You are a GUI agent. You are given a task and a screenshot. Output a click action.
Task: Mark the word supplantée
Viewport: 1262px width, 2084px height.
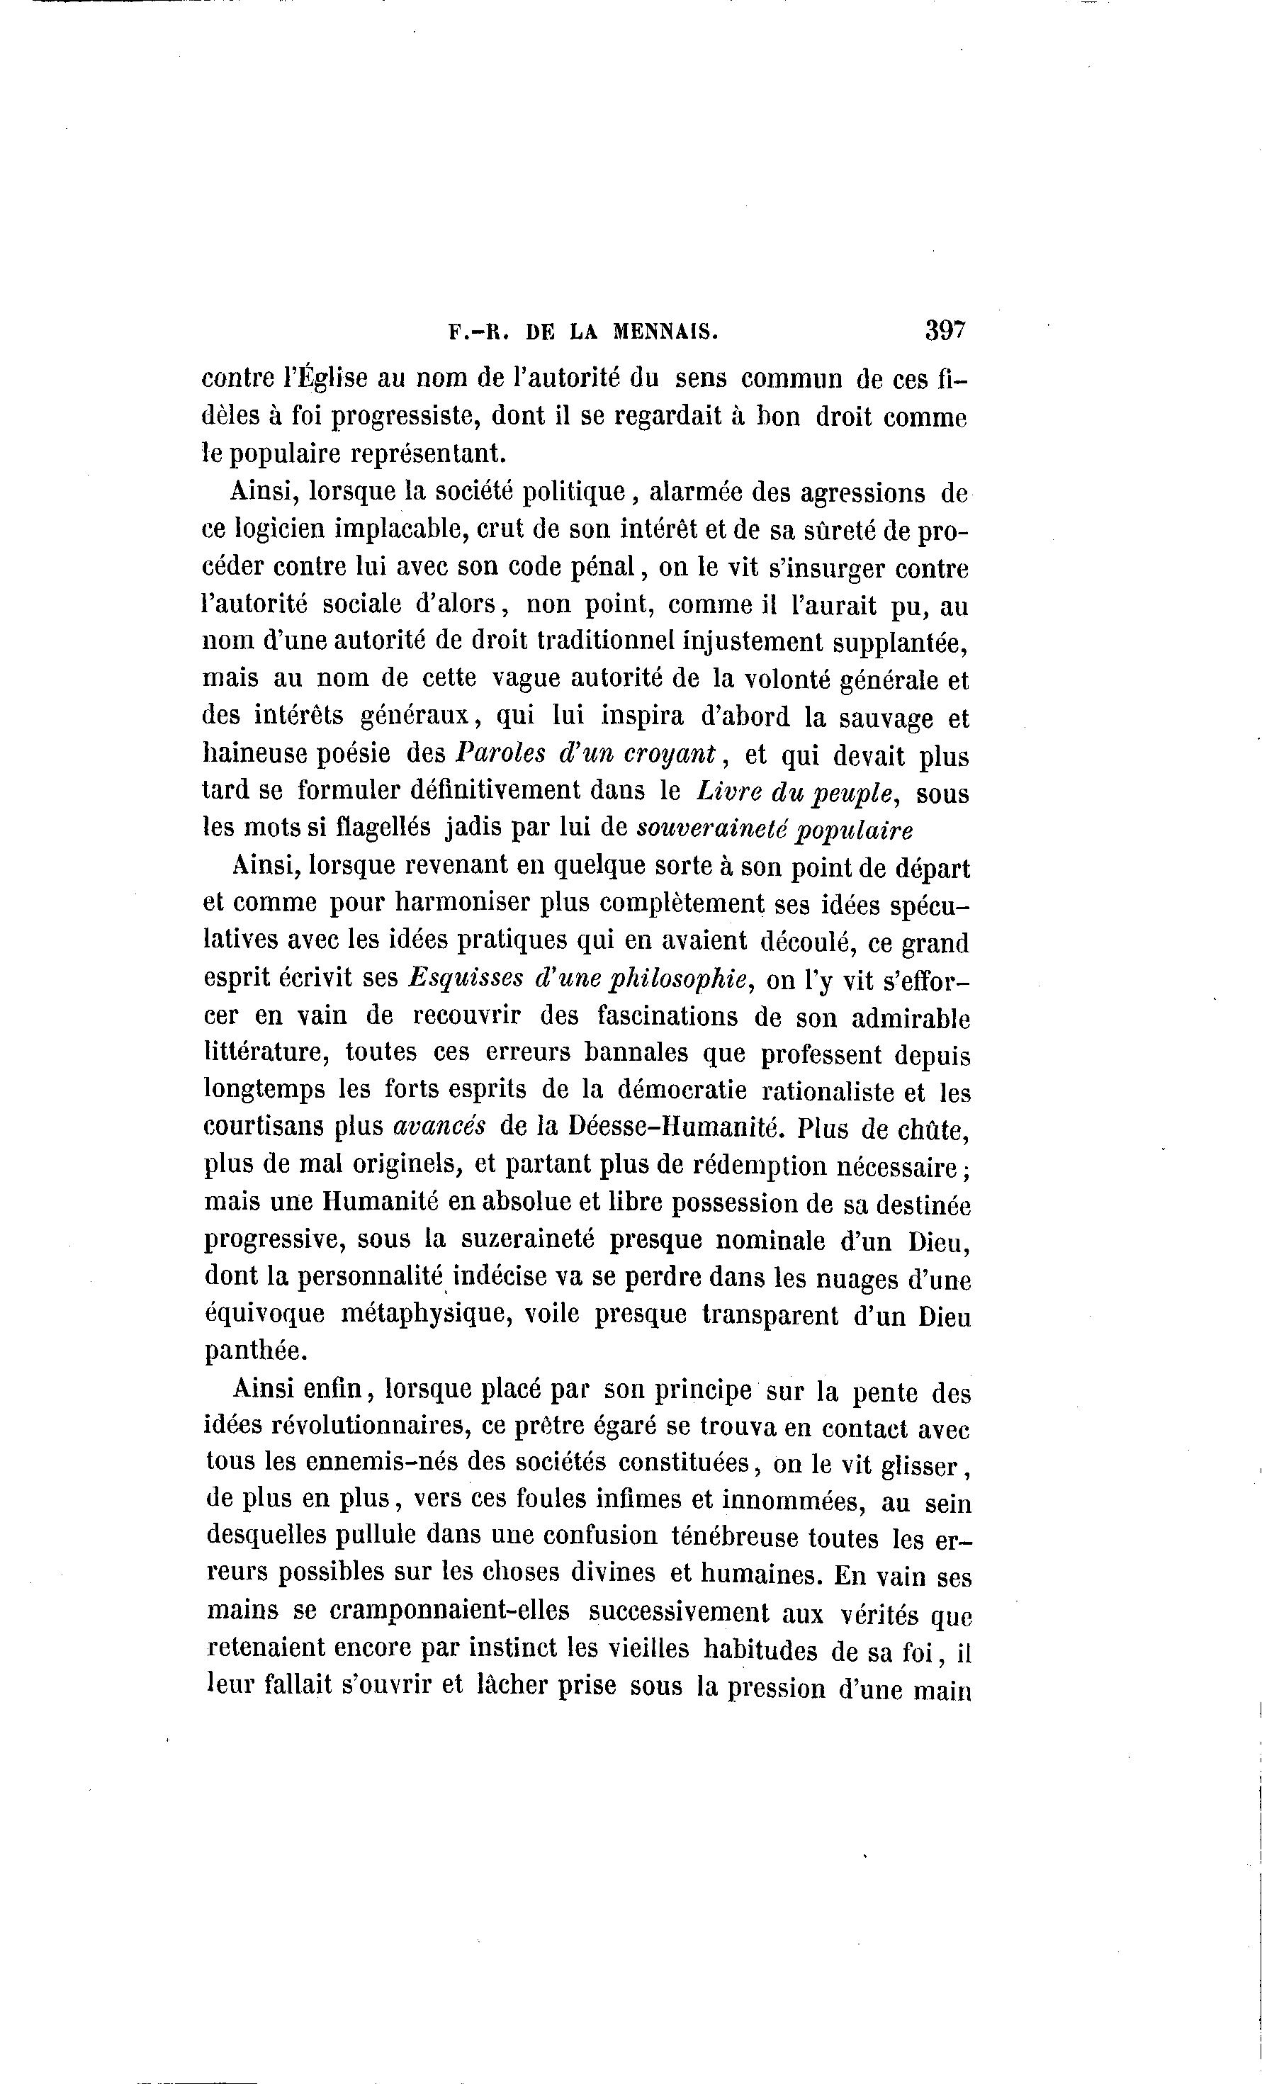pos(900,642)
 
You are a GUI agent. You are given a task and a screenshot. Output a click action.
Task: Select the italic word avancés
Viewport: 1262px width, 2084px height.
pos(440,1128)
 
